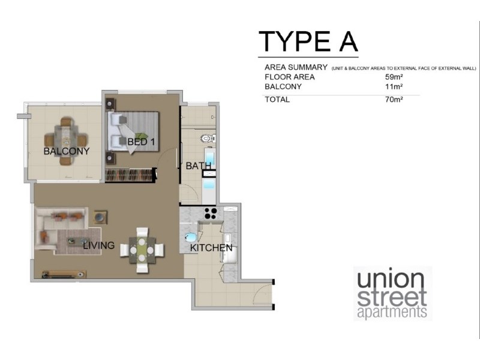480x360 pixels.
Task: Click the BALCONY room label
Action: point(66,151)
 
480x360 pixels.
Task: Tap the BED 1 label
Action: point(140,142)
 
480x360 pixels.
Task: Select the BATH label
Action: point(198,166)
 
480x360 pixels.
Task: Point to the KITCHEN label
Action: point(211,248)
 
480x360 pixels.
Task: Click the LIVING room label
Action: point(98,245)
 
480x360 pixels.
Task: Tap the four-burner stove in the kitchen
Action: point(211,212)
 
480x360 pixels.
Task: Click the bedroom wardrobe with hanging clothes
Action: point(130,175)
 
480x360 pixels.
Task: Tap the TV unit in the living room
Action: point(63,274)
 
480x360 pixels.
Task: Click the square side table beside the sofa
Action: point(100,217)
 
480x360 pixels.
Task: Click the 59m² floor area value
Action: point(394,77)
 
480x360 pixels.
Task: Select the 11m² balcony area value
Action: point(394,87)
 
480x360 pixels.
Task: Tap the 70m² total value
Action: point(394,100)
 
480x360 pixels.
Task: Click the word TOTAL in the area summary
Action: point(277,100)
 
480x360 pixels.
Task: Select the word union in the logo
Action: point(391,280)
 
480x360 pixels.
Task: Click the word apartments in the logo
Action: point(392,313)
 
